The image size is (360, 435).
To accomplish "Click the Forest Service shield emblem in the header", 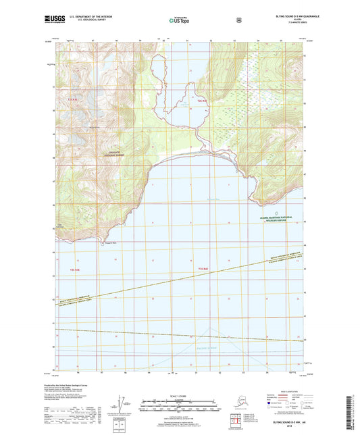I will click(238, 20).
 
